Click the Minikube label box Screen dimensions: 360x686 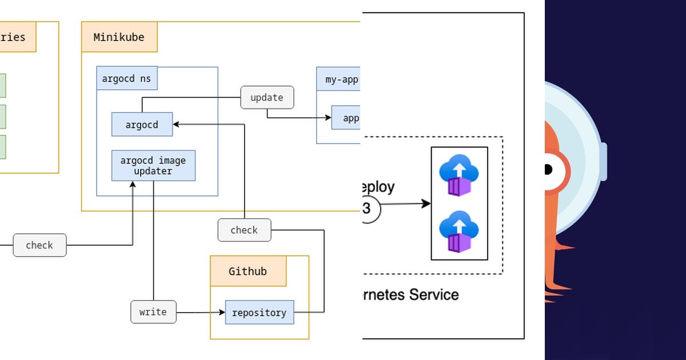point(119,38)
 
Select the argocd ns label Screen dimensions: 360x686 point(126,79)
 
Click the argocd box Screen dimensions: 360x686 point(142,125)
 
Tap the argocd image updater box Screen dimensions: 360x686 point(153,166)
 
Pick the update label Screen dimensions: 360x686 point(266,98)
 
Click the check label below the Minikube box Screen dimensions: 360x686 point(244,230)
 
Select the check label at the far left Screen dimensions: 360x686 point(39,245)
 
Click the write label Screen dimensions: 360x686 point(153,312)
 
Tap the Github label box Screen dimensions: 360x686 point(248,271)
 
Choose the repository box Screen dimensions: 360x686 point(259,313)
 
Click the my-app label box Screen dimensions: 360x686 point(341,79)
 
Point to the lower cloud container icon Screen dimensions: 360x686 point(459,231)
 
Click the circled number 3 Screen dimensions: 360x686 point(368,209)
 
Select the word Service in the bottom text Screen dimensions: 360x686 point(434,295)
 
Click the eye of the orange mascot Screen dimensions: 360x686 point(548,169)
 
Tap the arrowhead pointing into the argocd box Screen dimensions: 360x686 point(176,124)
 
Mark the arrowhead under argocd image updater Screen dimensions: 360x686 point(133,185)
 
